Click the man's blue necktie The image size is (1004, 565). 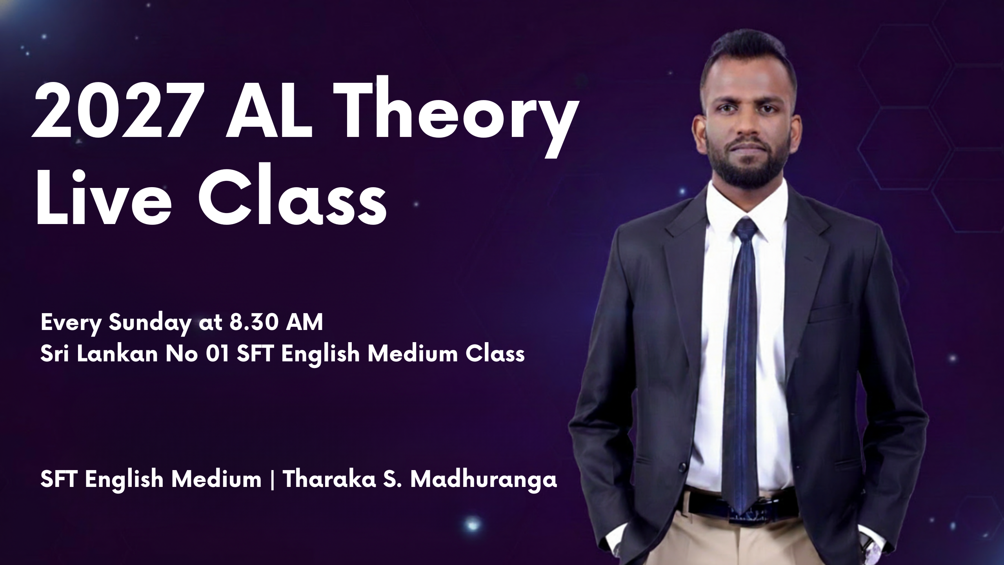pyautogui.click(x=739, y=353)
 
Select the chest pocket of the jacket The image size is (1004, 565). pyautogui.click(x=831, y=314)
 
